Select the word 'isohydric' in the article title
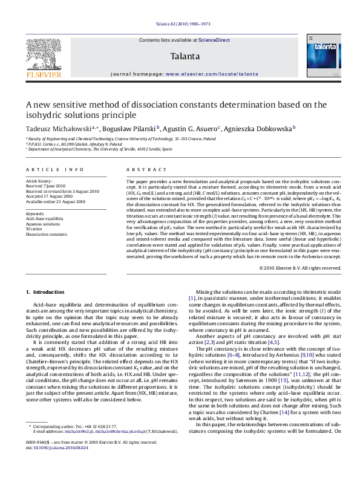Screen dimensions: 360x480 (46, 115)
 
